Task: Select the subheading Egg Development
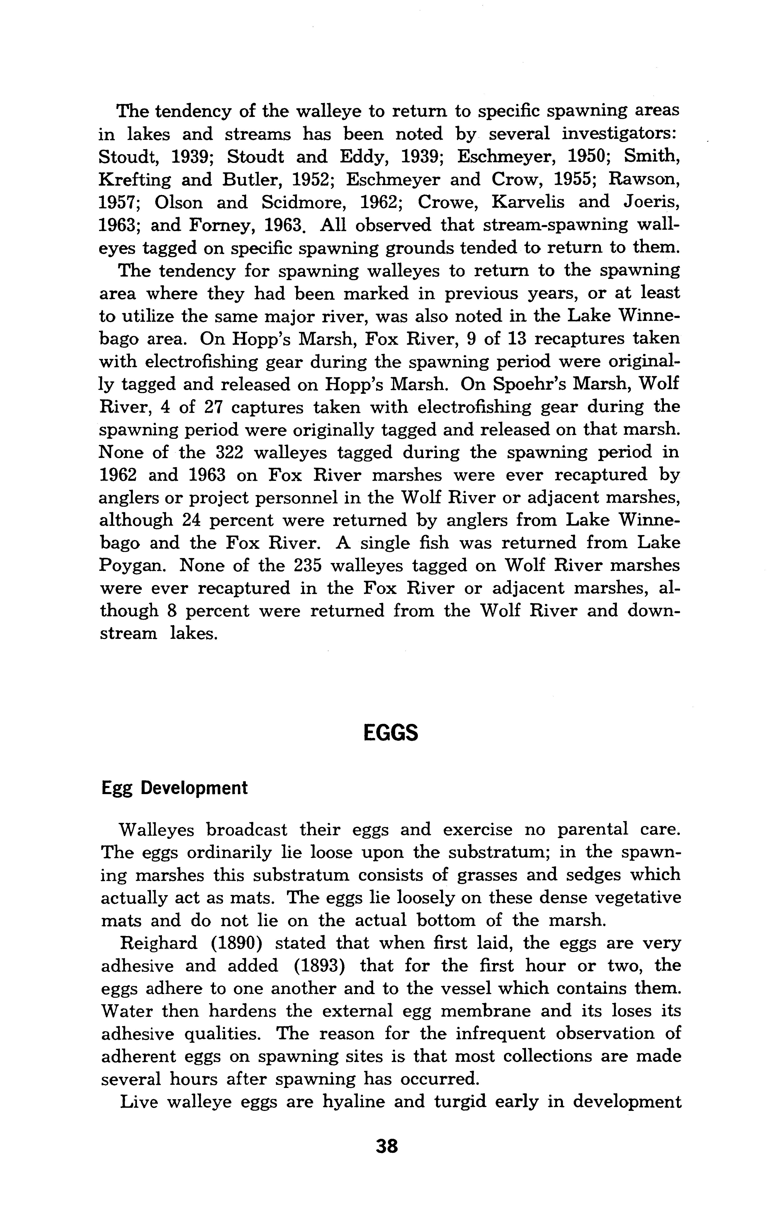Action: (175, 788)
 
